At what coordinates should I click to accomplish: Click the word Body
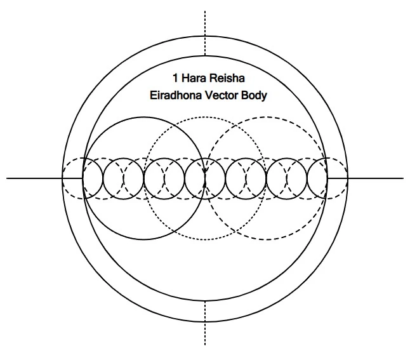(x=254, y=97)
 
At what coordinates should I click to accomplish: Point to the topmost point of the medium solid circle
(x=144, y=117)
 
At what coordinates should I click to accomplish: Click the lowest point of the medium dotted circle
(x=205, y=239)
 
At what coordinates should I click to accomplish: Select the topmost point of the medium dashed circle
(x=266, y=117)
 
